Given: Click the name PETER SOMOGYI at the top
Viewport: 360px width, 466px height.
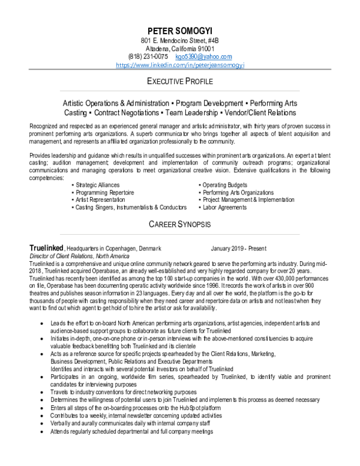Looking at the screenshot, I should tap(179, 31).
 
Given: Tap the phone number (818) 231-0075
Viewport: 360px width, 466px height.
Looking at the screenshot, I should tap(144, 56).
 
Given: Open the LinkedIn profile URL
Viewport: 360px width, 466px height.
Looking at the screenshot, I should tap(179, 64).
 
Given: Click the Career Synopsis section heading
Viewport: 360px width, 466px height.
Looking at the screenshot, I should tap(179, 225).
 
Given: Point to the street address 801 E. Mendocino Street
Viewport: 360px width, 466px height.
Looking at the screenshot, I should tap(179, 40).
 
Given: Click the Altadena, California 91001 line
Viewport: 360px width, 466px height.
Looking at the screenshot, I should tap(179, 48).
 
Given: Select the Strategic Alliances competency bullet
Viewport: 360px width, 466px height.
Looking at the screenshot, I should tap(97, 184).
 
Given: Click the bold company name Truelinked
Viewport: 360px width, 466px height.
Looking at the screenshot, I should tap(47, 248).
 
